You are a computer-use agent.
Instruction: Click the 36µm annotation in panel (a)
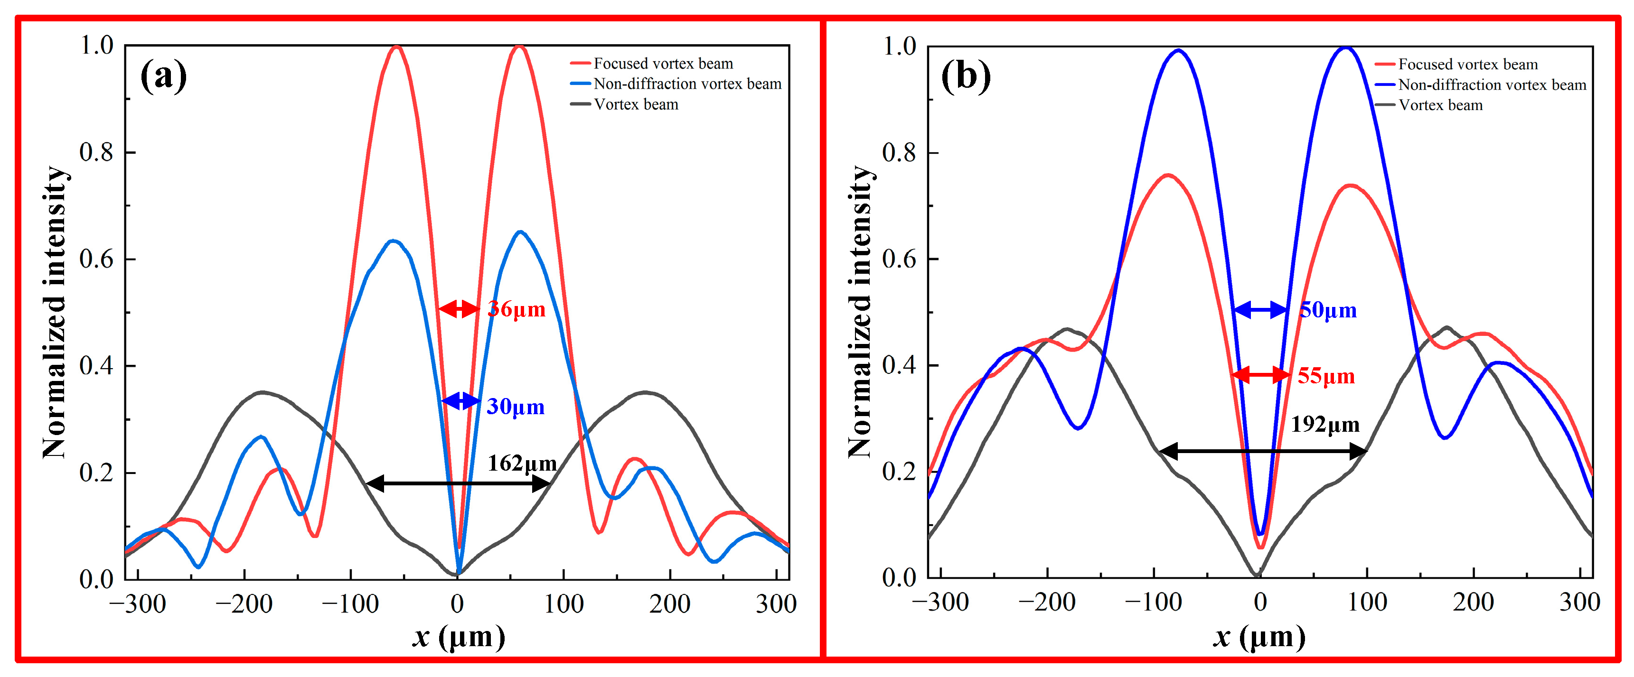pyautogui.click(x=516, y=309)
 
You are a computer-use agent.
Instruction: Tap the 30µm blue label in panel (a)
pyautogui.click(x=515, y=407)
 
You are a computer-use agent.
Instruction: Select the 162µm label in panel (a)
pyautogui.click(x=521, y=464)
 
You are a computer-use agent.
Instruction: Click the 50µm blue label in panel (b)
pyautogui.click(x=1328, y=310)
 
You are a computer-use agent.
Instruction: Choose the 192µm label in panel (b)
pyautogui.click(x=1325, y=424)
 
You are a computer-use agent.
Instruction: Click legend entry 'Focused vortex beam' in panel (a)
pyautogui.click(x=662, y=64)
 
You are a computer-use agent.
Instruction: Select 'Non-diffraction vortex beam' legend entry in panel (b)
pyautogui.click(x=1491, y=85)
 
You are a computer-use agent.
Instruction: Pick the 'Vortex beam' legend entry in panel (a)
pyautogui.click(x=636, y=104)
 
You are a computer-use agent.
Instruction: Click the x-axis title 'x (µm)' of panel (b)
pyautogui.click(x=1259, y=636)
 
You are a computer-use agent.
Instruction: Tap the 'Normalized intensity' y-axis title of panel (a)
pyautogui.click(x=55, y=312)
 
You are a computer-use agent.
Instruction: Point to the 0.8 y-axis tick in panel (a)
pyautogui.click(x=96, y=152)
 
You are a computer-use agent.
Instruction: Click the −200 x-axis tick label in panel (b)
pyautogui.click(x=1047, y=602)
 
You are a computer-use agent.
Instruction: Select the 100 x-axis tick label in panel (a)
pyautogui.click(x=563, y=604)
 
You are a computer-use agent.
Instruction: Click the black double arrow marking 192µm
pyautogui.click(x=1262, y=451)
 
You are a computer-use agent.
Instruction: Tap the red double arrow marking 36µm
pyautogui.click(x=459, y=309)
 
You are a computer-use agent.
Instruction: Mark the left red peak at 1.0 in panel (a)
pyautogui.click(x=397, y=47)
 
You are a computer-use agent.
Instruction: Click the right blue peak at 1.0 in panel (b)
pyautogui.click(x=1345, y=49)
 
